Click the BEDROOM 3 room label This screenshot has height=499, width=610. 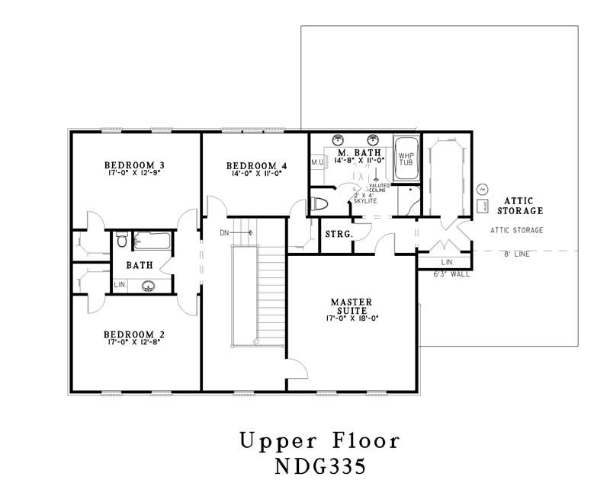[135, 165]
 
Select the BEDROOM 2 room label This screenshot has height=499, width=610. [135, 334]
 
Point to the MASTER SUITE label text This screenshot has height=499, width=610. [352, 306]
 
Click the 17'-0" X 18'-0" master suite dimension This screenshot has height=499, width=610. [352, 318]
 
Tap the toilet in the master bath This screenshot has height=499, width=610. [320, 204]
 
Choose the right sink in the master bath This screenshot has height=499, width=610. [374, 139]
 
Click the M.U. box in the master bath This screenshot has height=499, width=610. [317, 162]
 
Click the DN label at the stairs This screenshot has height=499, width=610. [224, 232]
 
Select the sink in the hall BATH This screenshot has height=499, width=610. [149, 286]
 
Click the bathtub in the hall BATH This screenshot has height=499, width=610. [152, 241]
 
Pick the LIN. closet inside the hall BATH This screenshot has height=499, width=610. [120, 284]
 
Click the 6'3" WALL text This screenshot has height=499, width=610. [451, 274]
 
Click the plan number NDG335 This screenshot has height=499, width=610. [319, 465]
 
